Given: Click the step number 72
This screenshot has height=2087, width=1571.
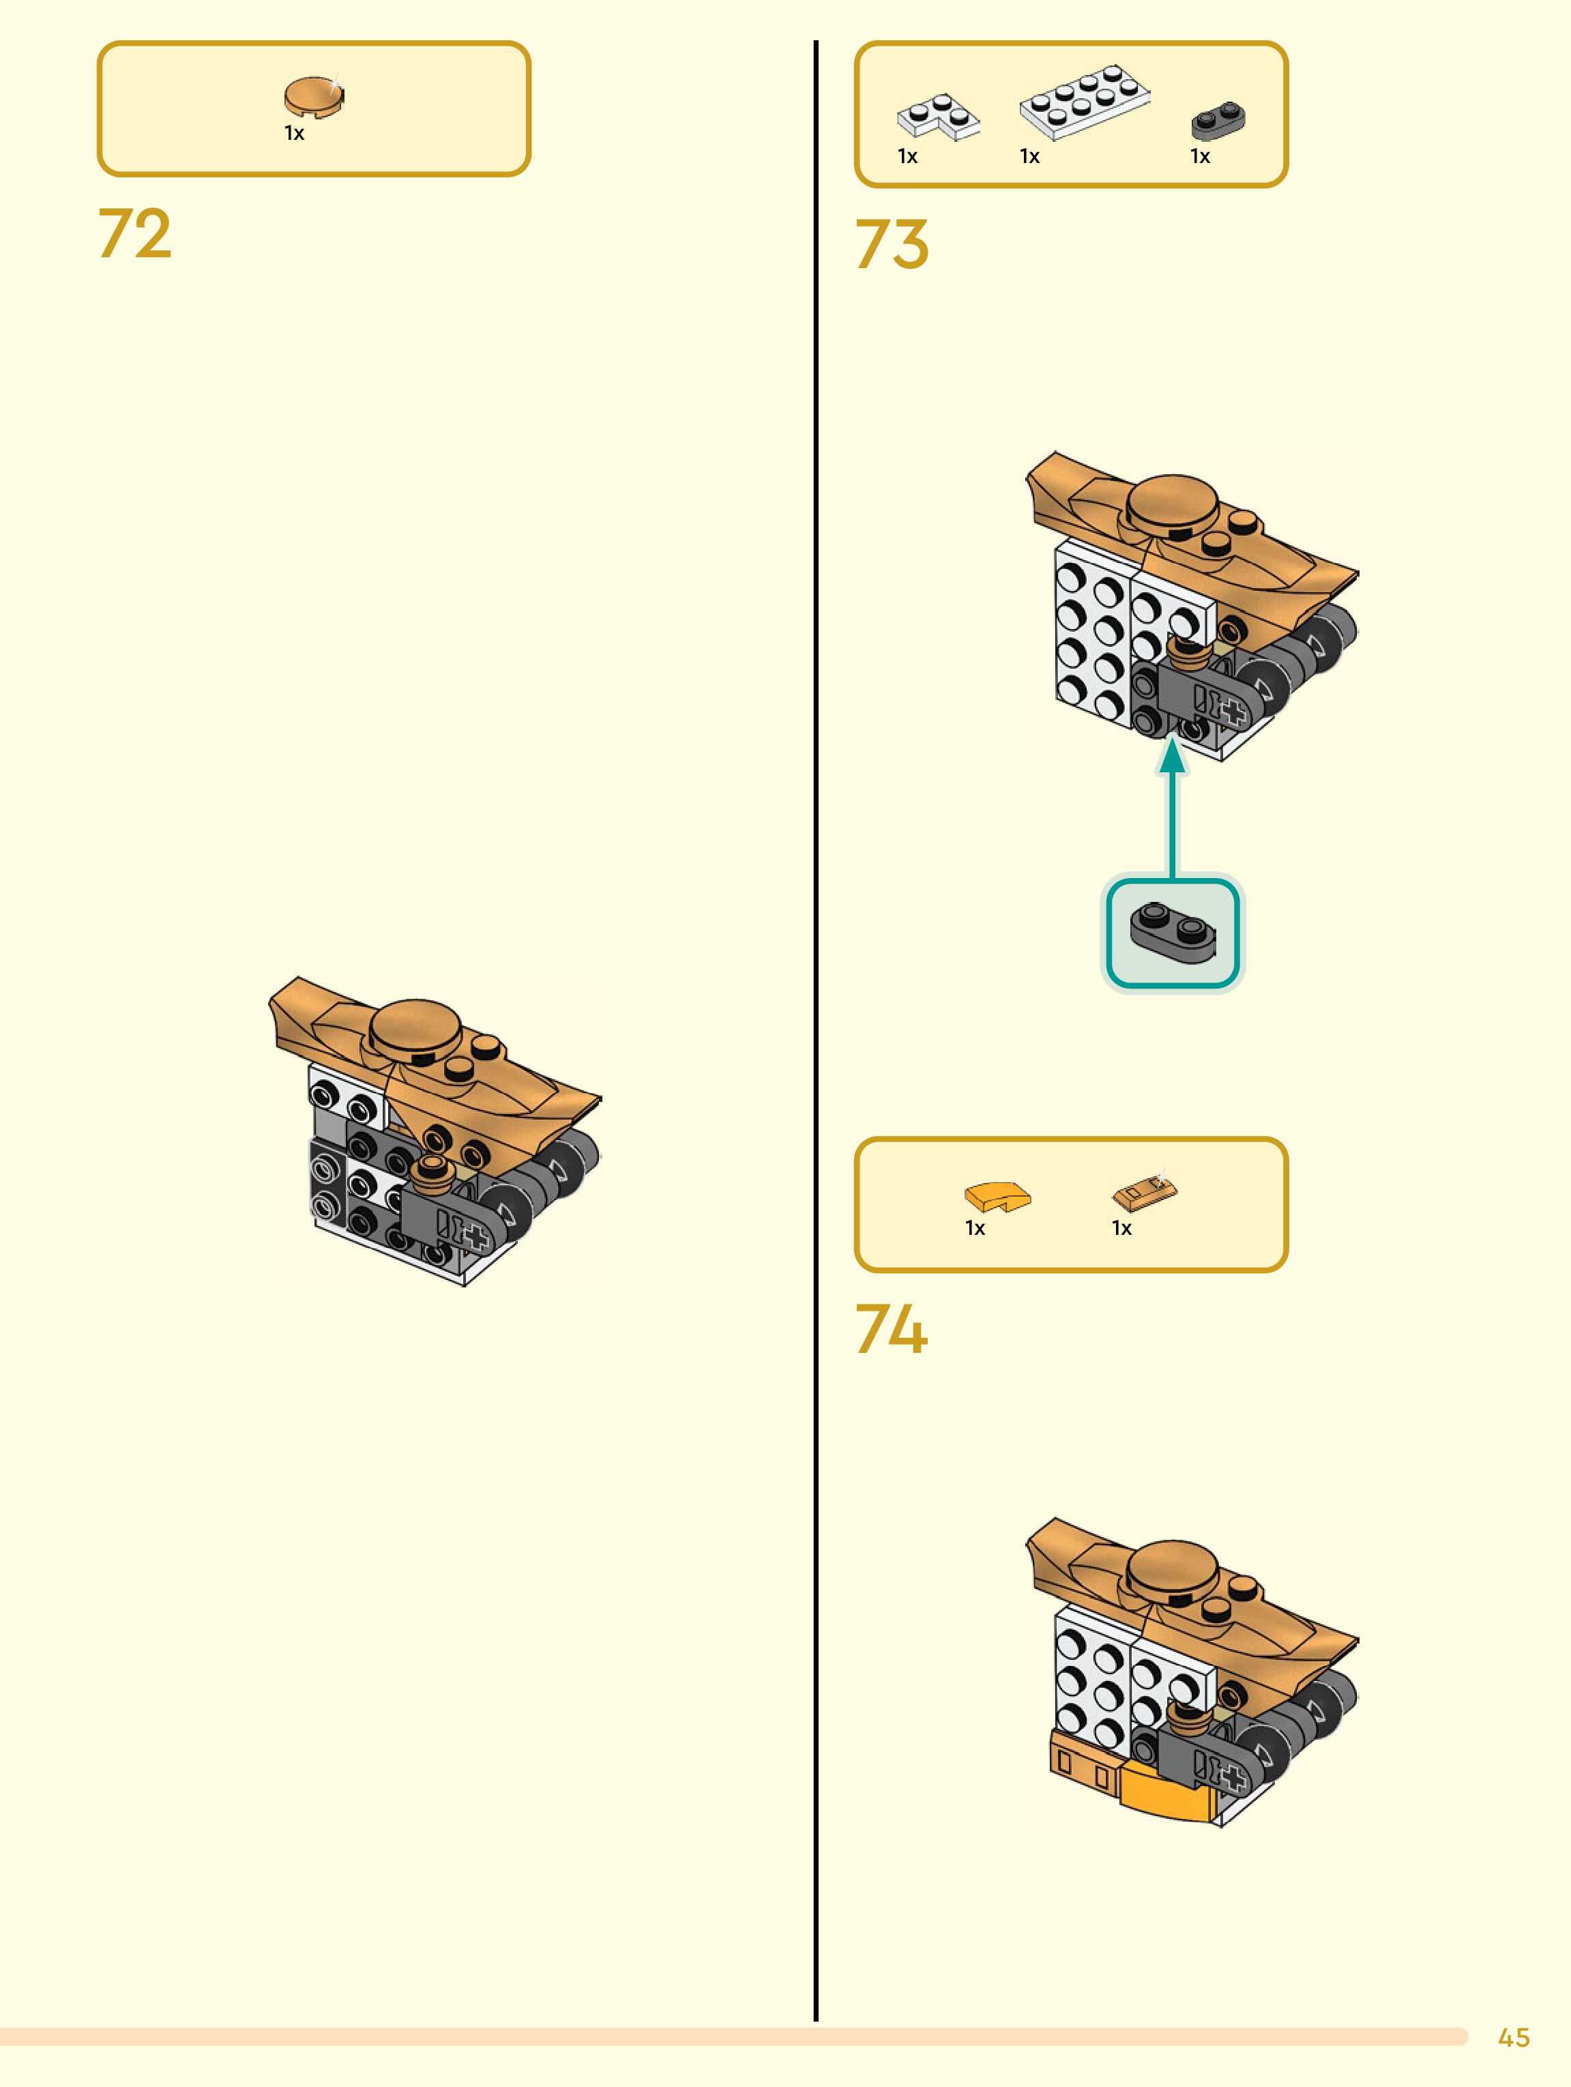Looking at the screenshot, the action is tap(135, 233).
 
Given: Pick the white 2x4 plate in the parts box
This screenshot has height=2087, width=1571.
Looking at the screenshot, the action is tap(1085, 102).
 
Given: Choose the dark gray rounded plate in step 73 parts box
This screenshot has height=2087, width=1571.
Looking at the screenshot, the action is tap(1218, 120).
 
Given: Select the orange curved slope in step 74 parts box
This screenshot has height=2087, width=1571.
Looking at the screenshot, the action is tap(997, 1197).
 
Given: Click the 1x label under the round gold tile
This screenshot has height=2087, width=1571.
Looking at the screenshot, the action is tap(295, 134).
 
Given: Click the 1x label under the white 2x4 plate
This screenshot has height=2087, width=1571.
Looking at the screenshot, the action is tap(1029, 157).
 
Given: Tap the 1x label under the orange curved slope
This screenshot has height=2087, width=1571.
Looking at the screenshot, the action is tap(975, 1229).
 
